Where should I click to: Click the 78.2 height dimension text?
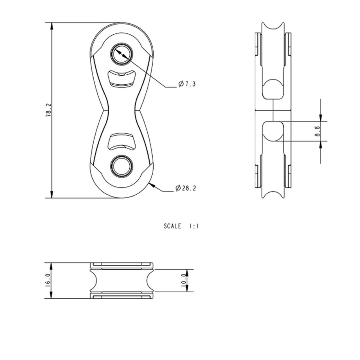[x=48, y=111]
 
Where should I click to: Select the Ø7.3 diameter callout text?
[x=187, y=84]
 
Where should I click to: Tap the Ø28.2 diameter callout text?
[x=186, y=188]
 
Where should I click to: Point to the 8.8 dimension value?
[x=317, y=131]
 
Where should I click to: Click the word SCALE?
[x=172, y=226]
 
